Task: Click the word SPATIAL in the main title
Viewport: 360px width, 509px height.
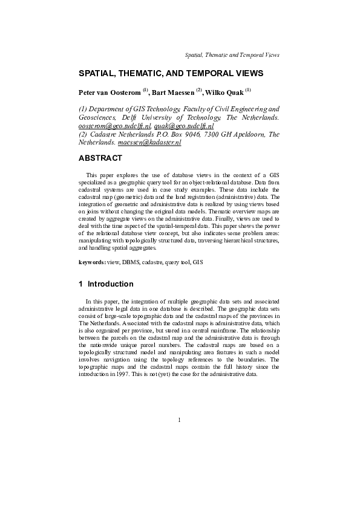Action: tap(99, 73)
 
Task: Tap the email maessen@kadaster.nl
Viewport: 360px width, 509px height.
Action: tap(149, 143)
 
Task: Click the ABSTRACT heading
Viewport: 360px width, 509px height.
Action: tap(100, 159)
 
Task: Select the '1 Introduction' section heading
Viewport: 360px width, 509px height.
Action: tap(106, 284)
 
